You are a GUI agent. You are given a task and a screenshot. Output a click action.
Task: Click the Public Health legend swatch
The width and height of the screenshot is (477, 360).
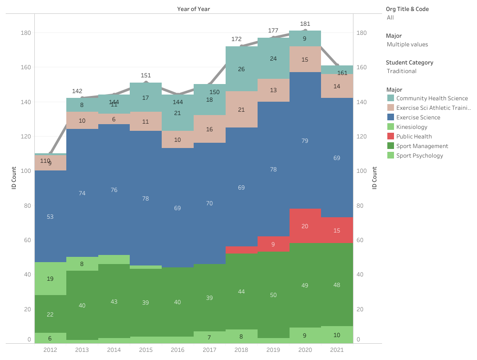(391, 137)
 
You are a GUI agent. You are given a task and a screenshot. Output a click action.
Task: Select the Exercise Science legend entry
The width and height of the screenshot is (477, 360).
(418, 117)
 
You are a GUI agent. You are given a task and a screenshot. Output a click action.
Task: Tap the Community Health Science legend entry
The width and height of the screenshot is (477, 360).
(427, 98)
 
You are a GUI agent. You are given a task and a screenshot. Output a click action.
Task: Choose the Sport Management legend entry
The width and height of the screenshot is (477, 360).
(422, 146)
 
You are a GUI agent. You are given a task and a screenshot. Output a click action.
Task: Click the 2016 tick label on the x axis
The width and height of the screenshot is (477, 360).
(177, 350)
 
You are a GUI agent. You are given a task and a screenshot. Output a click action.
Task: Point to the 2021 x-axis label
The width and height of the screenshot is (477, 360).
(337, 350)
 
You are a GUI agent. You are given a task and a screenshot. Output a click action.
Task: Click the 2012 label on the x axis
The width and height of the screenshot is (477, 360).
(50, 350)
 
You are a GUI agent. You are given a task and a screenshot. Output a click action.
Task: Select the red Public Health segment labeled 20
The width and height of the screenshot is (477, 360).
(305, 226)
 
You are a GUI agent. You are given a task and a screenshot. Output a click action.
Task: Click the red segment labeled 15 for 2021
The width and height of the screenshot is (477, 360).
(337, 230)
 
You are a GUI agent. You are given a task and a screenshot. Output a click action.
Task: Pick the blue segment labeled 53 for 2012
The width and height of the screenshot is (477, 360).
(50, 216)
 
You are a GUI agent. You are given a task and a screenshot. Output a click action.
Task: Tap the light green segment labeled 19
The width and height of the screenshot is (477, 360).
(50, 278)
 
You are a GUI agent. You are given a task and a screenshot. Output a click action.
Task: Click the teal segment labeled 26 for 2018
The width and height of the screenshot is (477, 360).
(241, 69)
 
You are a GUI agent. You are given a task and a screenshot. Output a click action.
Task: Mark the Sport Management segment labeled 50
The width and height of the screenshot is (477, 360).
(273, 295)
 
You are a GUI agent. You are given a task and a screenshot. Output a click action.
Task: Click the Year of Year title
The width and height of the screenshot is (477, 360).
(193, 9)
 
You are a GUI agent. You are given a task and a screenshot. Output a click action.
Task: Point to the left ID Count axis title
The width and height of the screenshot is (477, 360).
(14, 177)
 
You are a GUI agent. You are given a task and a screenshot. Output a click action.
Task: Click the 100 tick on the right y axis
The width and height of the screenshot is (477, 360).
(361, 171)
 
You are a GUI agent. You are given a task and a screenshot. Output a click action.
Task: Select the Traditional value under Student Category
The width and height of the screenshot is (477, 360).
(402, 71)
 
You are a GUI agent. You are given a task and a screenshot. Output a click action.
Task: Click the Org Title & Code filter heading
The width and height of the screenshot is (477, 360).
(410, 9)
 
